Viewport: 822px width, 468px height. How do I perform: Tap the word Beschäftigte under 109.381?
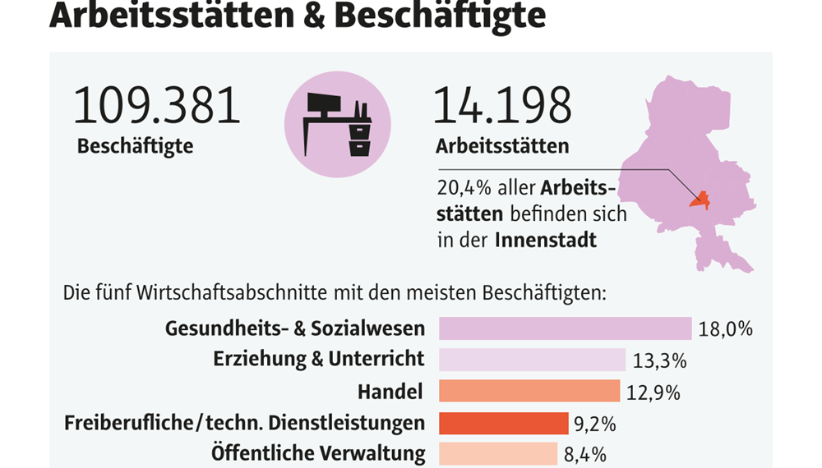pyautogui.click(x=135, y=147)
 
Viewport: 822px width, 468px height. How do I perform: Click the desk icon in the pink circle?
pyautogui.click(x=338, y=124)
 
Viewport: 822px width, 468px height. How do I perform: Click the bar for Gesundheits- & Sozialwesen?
pyautogui.click(x=565, y=328)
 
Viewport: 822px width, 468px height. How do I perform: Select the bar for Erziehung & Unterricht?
pyautogui.click(x=532, y=360)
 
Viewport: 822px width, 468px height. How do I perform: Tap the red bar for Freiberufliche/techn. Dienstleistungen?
pyautogui.click(x=503, y=423)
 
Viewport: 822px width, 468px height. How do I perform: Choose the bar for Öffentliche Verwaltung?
pyautogui.click(x=500, y=453)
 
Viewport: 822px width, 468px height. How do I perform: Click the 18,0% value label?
pyautogui.click(x=726, y=329)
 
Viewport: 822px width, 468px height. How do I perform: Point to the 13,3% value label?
pyautogui.click(x=659, y=360)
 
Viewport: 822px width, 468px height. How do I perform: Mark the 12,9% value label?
pyautogui.click(x=653, y=392)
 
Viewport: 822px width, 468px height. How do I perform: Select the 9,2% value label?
pyautogui.click(x=596, y=424)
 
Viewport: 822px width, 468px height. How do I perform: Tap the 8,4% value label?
pyautogui.click(x=584, y=454)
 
